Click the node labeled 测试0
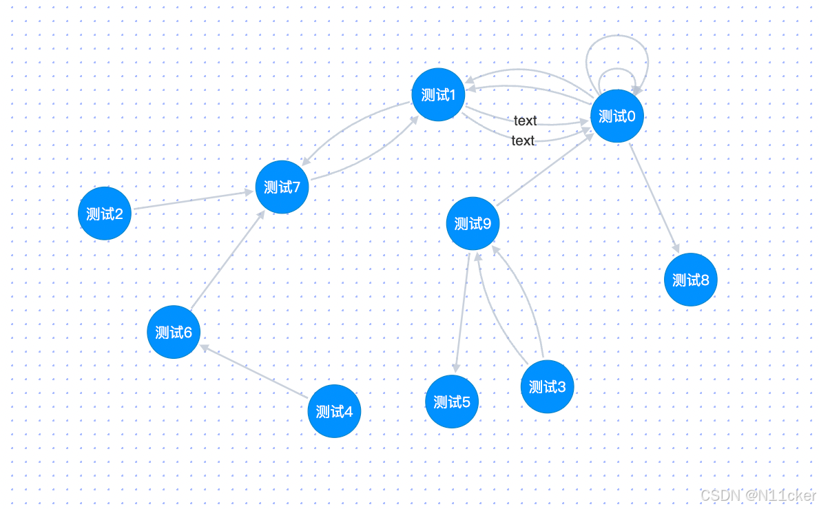pyautogui.click(x=617, y=116)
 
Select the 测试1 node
pyautogui.click(x=438, y=95)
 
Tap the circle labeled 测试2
pyautogui.click(x=105, y=214)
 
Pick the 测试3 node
pyautogui.click(x=547, y=386)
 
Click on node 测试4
pyautogui.click(x=334, y=411)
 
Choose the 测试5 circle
pyautogui.click(x=452, y=402)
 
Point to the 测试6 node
pyautogui.click(x=174, y=332)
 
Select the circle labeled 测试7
pyautogui.click(x=282, y=187)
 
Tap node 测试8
pyautogui.click(x=691, y=280)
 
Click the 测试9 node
pyautogui.click(x=473, y=223)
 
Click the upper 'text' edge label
pyautogui.click(x=525, y=121)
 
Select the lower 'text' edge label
pyautogui.click(x=523, y=141)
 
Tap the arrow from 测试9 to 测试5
pyautogui.click(x=462, y=310)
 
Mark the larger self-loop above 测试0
pyautogui.click(x=616, y=38)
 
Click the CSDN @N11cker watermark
pyautogui.click(x=758, y=495)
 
